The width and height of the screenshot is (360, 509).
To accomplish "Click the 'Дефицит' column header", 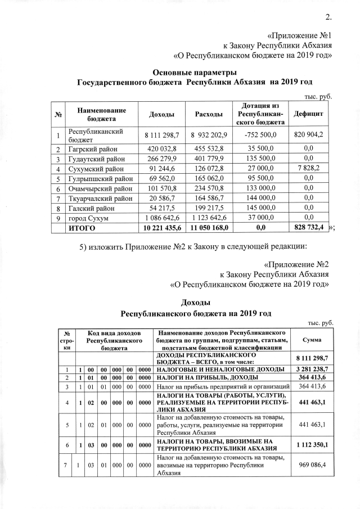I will point(308,115).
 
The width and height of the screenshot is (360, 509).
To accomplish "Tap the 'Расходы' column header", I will point(208,115).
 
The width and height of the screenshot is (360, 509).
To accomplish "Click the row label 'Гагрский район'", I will point(91,149).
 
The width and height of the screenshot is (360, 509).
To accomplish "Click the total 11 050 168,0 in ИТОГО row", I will point(208,229).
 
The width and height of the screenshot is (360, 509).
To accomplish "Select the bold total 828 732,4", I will point(308,229).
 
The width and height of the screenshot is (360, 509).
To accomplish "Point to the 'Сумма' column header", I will point(312,340).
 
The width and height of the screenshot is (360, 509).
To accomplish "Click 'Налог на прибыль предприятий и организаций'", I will point(223,388).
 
